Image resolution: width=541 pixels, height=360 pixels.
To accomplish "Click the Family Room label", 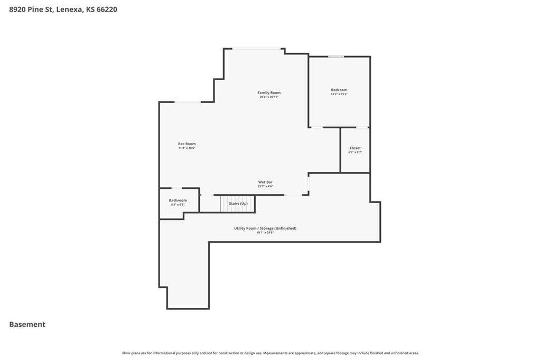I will click(x=269, y=93).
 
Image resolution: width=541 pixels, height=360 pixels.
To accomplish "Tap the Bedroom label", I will click(x=339, y=90).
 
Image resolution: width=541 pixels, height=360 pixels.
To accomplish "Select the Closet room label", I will click(x=355, y=148).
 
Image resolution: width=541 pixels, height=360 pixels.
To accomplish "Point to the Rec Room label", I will click(x=186, y=144).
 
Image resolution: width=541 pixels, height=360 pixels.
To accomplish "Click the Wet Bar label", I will click(x=265, y=182).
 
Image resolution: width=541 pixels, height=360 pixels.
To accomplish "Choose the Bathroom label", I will click(x=178, y=200).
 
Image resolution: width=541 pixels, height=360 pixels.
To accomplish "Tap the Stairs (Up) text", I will click(x=238, y=203).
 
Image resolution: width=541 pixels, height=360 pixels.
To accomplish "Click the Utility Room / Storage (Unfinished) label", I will click(x=265, y=228).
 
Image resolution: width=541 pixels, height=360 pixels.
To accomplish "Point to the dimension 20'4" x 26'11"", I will click(x=269, y=97).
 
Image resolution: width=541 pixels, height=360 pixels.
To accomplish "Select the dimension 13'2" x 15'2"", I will click(x=339, y=94).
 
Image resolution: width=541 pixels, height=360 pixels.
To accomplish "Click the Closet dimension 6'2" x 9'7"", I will click(x=355, y=152).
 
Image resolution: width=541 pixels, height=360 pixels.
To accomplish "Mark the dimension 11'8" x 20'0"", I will click(x=186, y=148).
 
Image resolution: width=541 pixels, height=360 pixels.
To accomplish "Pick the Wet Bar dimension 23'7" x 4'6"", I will click(x=265, y=186).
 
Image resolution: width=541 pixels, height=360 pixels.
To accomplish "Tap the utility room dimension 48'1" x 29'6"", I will click(x=265, y=232).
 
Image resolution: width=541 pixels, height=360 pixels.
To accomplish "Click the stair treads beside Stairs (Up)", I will click(x=225, y=203).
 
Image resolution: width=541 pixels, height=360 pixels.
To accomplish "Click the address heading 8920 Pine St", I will click(x=63, y=9).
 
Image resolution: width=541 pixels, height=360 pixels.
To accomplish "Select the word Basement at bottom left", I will click(x=27, y=325).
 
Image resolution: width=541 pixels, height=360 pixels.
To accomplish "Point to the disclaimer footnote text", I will click(x=270, y=353).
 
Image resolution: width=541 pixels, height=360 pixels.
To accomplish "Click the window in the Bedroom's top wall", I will click(x=336, y=56).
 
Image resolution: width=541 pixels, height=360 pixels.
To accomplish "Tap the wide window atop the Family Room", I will click(x=257, y=49).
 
